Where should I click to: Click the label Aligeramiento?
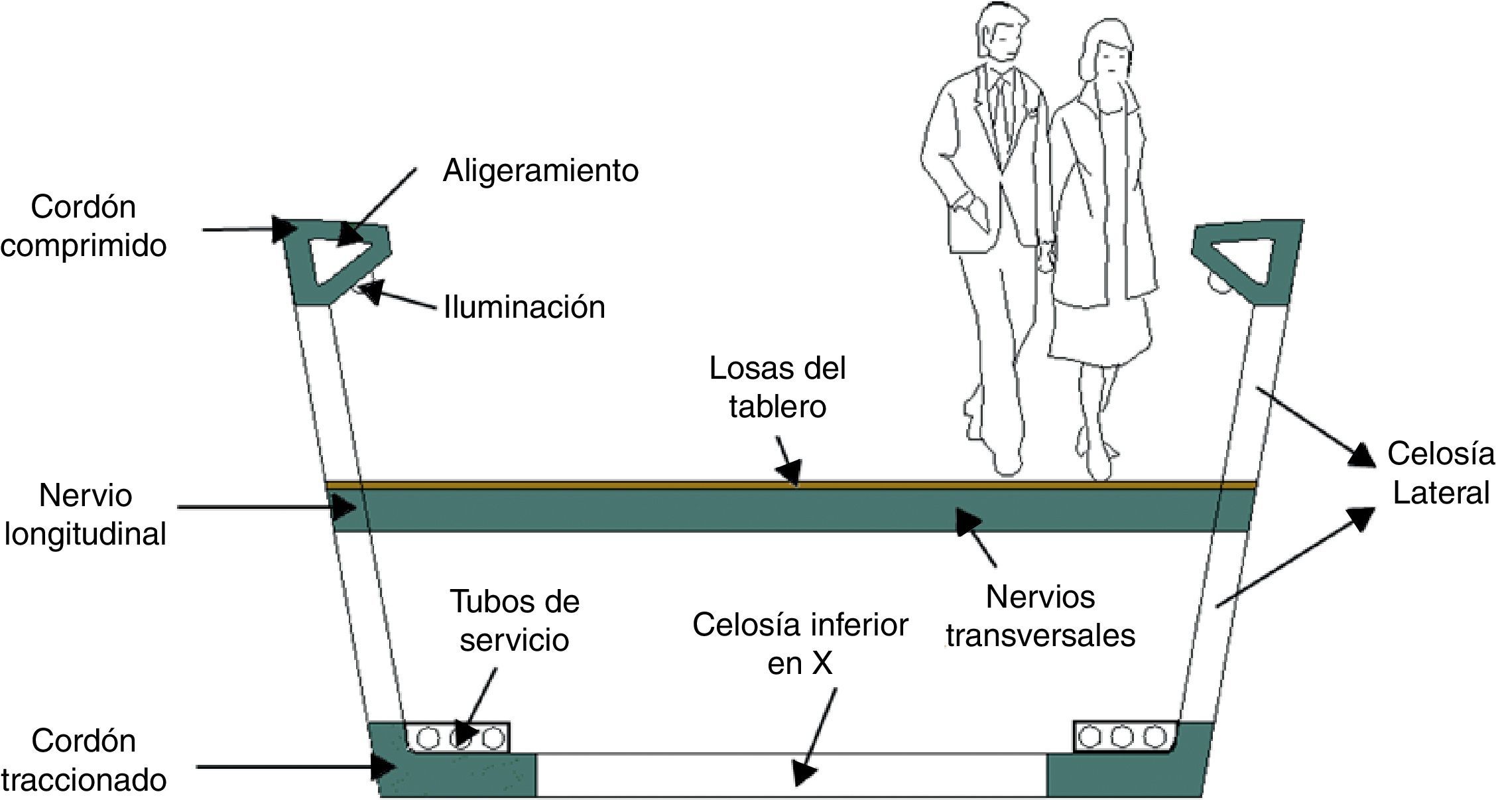tap(540, 171)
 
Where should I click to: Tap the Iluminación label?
tap(524, 308)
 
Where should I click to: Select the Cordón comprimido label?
tap(84, 226)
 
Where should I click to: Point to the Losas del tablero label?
tap(777, 387)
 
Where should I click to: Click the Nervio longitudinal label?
tap(85, 515)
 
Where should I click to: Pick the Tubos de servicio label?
tap(515, 621)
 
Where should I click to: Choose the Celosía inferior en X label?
tap(800, 643)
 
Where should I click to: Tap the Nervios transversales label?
tap(1040, 616)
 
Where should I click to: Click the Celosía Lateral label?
tap(1440, 474)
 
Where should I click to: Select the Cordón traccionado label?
tap(84, 760)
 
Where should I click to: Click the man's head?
tap(1005, 33)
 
